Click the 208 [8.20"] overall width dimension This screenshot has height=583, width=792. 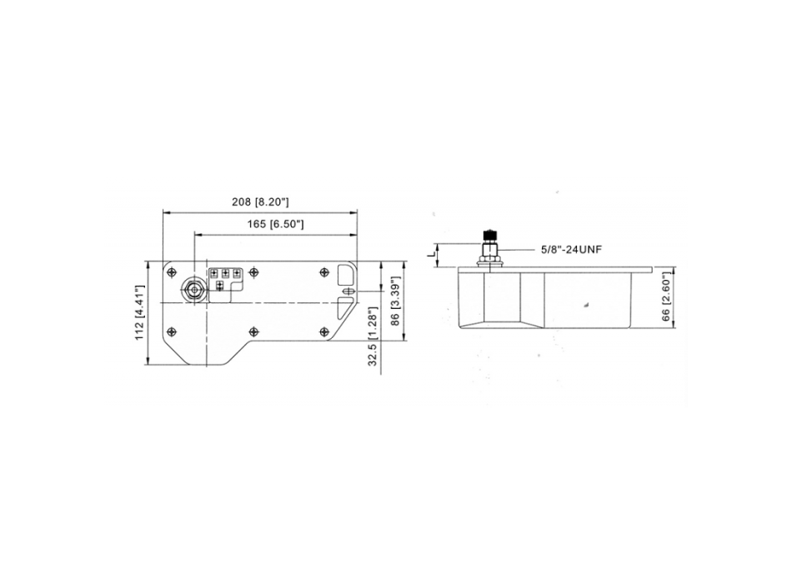tap(260, 202)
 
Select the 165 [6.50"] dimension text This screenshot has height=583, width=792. tap(275, 225)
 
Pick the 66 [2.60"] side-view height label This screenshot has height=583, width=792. tap(665, 300)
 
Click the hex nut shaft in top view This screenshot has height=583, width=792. tap(193, 289)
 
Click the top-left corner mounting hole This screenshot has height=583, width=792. tap(173, 272)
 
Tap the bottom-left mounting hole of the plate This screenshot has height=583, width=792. tap(173, 331)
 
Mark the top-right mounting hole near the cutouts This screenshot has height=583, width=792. tap(323, 272)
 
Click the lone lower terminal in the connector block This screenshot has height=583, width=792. tap(219, 286)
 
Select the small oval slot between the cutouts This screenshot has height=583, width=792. tap(348, 290)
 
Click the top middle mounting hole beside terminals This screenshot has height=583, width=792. tap(254, 272)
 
